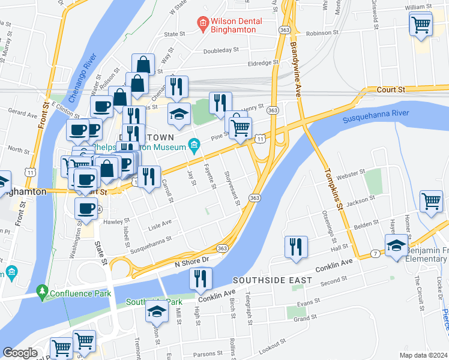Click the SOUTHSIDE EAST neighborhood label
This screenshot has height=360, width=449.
[x=272, y=280]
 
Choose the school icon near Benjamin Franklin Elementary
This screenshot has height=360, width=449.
[x=396, y=246]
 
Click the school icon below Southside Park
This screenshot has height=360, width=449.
[x=157, y=312]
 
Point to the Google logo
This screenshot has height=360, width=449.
[x=20, y=353]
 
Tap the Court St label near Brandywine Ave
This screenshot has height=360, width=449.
[x=391, y=89]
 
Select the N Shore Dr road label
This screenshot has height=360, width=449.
[x=191, y=259]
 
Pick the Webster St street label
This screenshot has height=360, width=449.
[x=351, y=174]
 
